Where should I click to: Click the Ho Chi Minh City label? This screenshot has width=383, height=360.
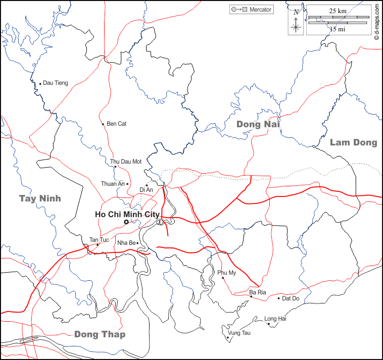[x=127, y=214]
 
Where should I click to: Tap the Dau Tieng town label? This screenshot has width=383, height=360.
[x=55, y=83]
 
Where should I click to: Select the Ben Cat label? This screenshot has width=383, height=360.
[x=116, y=124]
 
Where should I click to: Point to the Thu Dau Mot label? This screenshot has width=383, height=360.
[x=126, y=162]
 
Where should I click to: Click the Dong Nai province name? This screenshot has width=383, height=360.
[x=258, y=124]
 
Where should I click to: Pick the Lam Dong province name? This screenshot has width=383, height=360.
[x=353, y=142]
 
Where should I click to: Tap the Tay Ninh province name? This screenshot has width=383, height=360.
[x=40, y=198]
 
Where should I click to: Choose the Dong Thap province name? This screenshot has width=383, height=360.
[x=100, y=334]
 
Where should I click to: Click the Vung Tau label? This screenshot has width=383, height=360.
[x=239, y=333]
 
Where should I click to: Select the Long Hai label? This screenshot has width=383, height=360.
[x=275, y=319]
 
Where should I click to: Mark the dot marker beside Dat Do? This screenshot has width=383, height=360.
[x=278, y=298]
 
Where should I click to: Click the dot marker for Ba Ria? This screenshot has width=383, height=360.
[x=251, y=296]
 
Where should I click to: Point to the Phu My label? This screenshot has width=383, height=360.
[x=227, y=273]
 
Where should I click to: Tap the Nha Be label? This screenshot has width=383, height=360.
[x=126, y=243]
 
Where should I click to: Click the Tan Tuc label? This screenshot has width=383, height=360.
[x=99, y=239]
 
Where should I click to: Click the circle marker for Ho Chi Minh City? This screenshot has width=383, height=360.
[x=126, y=222]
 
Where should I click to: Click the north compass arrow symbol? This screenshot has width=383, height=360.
[x=296, y=20]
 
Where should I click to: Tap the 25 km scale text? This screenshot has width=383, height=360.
[x=338, y=11]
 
